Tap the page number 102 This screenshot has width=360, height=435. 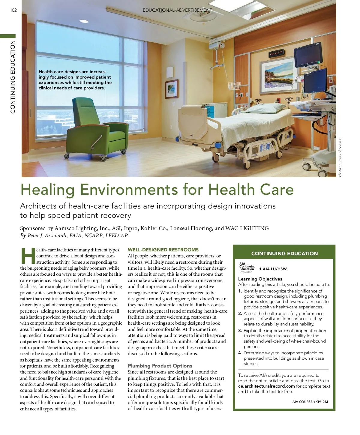[13, 10]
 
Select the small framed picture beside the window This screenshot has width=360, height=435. [172, 89]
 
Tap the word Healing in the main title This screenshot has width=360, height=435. [47, 189]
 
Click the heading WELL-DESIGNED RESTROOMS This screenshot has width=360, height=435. [163, 250]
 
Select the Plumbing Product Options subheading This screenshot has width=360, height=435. [160, 366]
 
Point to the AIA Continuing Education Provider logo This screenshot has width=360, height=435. [247, 268]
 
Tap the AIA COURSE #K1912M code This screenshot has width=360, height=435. [310, 402]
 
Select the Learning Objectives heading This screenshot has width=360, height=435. [260, 279]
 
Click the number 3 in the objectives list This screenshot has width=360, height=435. [240, 331]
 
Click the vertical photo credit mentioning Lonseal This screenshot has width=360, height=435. [340, 157]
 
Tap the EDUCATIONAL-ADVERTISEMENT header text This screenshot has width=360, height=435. [178, 10]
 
